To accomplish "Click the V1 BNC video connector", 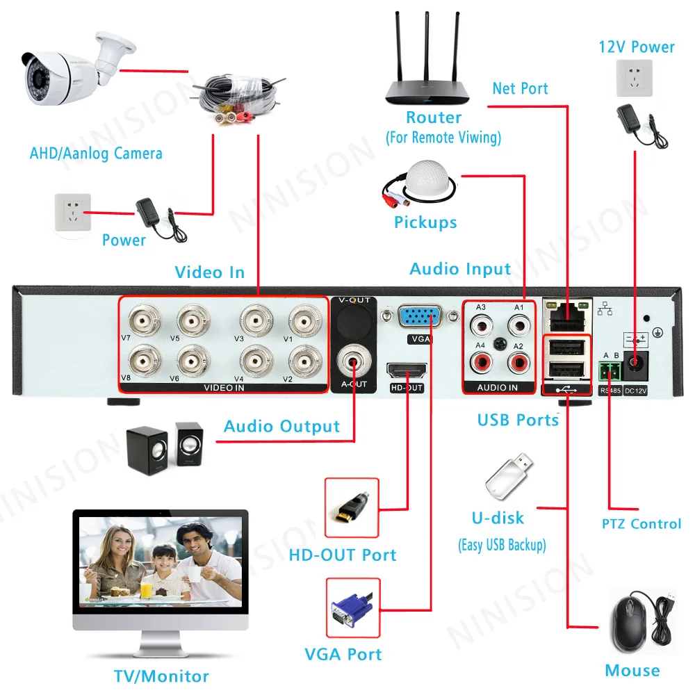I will pos(302,322).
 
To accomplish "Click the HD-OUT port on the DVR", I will pos(407,370).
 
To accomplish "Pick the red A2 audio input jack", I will pos(518,361).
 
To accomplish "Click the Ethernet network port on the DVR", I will pos(566,316).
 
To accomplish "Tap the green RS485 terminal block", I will pos(610,367).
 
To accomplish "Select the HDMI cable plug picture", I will pos(352,507).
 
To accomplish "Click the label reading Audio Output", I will pos(281,426).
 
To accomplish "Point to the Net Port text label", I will pos(520,88).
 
